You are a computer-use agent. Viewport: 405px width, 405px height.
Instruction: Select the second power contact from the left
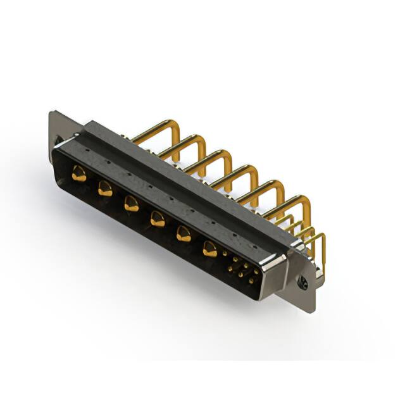click(104, 188)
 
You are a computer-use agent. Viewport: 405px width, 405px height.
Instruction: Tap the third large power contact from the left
click(131, 204)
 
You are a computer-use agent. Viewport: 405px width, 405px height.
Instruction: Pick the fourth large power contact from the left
click(156, 219)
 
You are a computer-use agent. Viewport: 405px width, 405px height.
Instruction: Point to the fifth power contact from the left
click(183, 234)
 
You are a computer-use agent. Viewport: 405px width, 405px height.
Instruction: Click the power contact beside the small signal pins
click(209, 250)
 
